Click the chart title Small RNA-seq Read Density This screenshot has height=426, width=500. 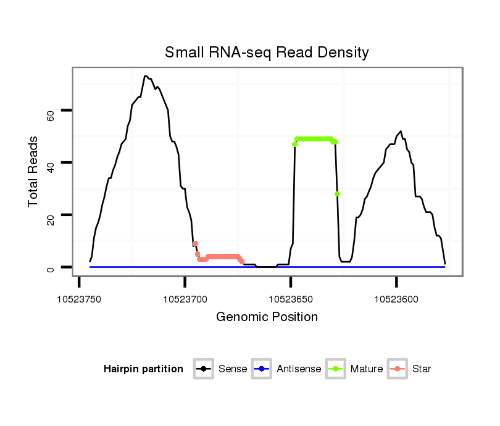pos(267,52)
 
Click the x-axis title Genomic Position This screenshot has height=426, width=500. pos(267,317)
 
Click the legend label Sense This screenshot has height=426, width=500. pos(233,369)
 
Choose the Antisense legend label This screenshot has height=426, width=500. pos(299,369)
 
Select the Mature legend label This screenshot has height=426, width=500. pos(366,369)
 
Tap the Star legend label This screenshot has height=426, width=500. pos(422,369)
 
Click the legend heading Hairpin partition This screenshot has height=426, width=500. pos(143,369)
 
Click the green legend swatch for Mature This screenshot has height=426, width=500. pos(335,369)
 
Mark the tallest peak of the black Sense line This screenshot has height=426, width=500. pos(146,77)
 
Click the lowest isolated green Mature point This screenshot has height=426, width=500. pos(338,194)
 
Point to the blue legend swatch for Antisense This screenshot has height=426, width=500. pos(262,369)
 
